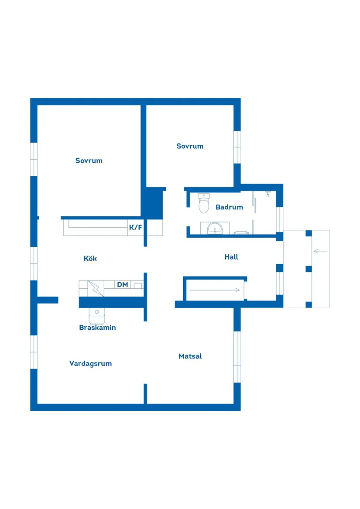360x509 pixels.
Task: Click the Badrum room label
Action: pos(229,207)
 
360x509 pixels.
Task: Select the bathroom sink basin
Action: pos(215,228)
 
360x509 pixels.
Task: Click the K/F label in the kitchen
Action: pos(135,227)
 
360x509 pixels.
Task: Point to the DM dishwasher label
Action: pos(123,285)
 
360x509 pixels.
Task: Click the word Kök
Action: pos(90,259)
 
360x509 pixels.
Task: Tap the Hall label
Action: pos(231,257)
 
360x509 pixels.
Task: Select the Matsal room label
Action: pos(190,356)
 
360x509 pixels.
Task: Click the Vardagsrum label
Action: pos(90,363)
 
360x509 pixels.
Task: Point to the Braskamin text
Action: pos(97,328)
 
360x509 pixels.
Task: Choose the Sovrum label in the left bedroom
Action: pos(89,161)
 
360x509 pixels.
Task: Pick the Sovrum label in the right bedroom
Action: pos(190,146)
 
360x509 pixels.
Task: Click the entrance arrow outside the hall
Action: pos(320,251)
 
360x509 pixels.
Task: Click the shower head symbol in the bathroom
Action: pos(268,193)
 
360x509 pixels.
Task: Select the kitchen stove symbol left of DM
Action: pos(95,288)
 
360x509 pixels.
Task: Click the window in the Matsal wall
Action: pos(237,357)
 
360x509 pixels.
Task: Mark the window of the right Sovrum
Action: pos(237,147)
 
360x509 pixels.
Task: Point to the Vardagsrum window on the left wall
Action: pos(34,352)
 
